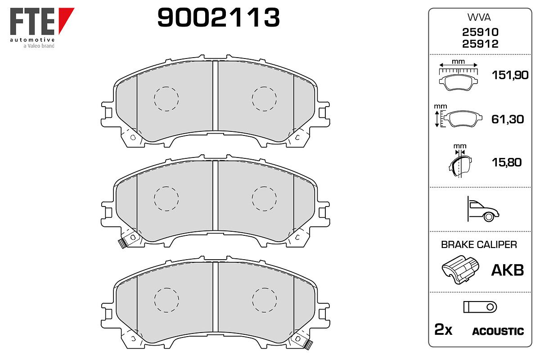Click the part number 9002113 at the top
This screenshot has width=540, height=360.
[x=218, y=18]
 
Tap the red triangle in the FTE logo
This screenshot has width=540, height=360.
[x=65, y=18]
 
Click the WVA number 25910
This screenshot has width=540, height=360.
[x=480, y=32]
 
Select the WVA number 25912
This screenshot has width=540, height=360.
[x=480, y=44]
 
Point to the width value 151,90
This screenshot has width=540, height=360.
[x=510, y=75]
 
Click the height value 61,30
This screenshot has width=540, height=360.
[x=508, y=119]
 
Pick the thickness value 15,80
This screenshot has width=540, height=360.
[x=507, y=162]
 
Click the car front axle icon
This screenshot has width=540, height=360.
[x=483, y=209]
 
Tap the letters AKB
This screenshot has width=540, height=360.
[x=508, y=270]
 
